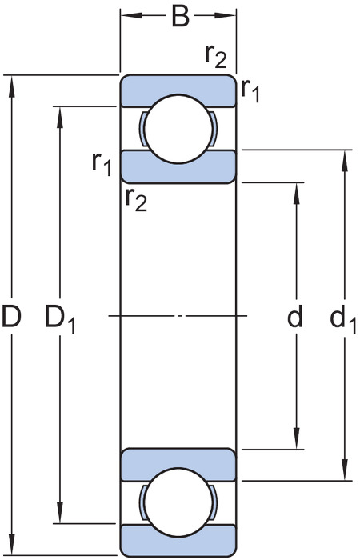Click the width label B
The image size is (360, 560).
180,17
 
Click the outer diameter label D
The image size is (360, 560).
12,317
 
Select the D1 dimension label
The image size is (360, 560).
60,319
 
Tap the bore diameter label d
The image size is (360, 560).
295,316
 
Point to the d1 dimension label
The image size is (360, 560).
343,318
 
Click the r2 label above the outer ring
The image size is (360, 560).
216,57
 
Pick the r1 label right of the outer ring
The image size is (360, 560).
250,90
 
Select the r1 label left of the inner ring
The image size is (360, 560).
102,164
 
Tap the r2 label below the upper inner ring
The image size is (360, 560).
136,199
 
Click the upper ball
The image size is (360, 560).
178,129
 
